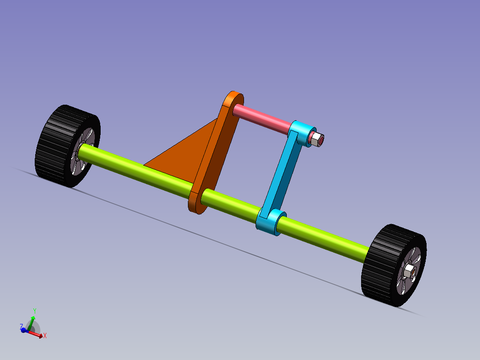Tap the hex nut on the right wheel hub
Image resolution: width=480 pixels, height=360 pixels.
pos(408,271)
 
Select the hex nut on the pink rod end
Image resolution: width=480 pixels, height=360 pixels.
pos(317,140)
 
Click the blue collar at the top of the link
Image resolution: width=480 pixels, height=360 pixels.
pos(303,133)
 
